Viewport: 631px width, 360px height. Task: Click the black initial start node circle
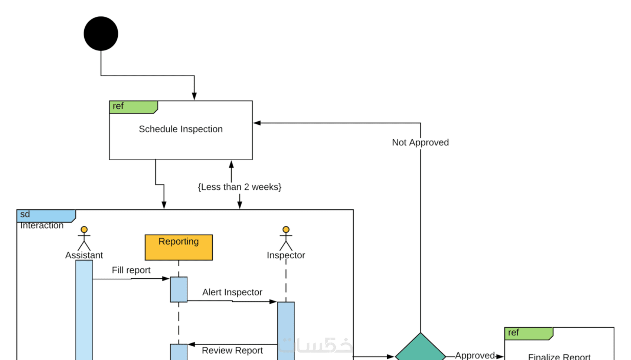pyautogui.click(x=101, y=34)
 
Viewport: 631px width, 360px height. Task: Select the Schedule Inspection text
pyautogui.click(x=181, y=129)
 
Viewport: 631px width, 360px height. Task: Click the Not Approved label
pyautogui.click(x=420, y=143)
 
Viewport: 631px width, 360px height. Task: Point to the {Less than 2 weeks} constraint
pyautogui.click(x=239, y=187)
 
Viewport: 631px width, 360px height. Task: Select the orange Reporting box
pyautogui.click(x=179, y=247)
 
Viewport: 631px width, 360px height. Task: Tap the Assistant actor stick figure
pyautogui.click(x=84, y=239)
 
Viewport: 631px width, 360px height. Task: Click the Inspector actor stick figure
pyautogui.click(x=286, y=239)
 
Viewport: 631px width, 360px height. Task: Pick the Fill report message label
pyautogui.click(x=131, y=270)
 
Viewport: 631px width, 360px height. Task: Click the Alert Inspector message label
pyautogui.click(x=232, y=292)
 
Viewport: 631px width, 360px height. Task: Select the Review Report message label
pyautogui.click(x=232, y=351)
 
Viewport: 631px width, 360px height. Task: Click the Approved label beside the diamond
pyautogui.click(x=475, y=355)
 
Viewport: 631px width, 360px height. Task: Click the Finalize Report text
pyautogui.click(x=559, y=357)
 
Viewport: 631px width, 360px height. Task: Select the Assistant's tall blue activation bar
pyautogui.click(x=84, y=312)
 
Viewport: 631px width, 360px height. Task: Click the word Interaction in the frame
pyautogui.click(x=42, y=226)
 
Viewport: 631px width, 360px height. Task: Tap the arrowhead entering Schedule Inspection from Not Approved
pyautogui.click(x=257, y=123)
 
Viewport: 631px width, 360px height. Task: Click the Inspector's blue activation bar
pyautogui.click(x=286, y=330)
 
